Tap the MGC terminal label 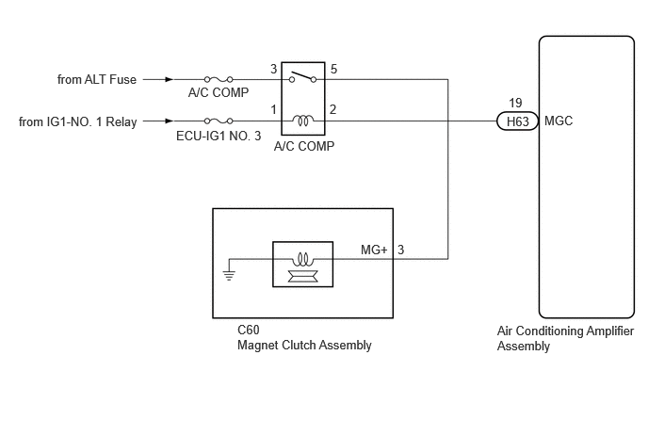coord(559,121)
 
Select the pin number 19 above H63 coord(515,103)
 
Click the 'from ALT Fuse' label coord(97,79)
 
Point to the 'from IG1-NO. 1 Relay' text coord(77,121)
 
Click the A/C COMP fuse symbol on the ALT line coord(219,79)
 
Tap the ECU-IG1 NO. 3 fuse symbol coord(219,121)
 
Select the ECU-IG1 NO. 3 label coord(219,136)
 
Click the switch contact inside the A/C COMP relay coord(302,77)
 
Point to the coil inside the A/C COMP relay coord(303,121)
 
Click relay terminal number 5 coord(333,69)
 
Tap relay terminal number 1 coord(273,110)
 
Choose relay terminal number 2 coord(332,110)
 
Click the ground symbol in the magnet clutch coord(229,275)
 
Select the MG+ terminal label coord(374,250)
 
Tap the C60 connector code coord(249,330)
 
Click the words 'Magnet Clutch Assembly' coord(304,345)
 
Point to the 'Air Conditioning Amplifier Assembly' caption coord(565,338)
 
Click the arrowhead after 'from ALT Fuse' coord(169,79)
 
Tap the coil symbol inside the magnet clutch coord(302,260)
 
